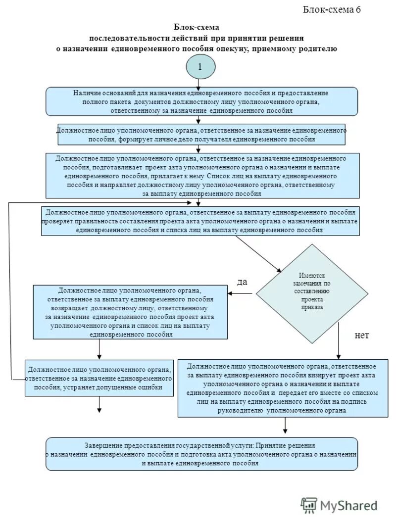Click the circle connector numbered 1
[200, 67]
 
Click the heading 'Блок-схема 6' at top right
[332, 9]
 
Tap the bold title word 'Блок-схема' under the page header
[196, 27]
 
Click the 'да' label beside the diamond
[242, 282]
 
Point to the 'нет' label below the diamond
[362, 335]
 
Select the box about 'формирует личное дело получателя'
[201, 134]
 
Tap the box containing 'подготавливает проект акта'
[201, 176]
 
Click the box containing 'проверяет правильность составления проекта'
[200, 221]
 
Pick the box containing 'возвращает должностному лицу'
[130, 312]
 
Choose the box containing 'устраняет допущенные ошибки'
[99, 378]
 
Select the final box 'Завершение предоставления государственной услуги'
[201, 454]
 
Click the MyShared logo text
[348, 505]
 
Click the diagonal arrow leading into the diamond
[257, 253]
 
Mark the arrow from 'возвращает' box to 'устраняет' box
[99, 350]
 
